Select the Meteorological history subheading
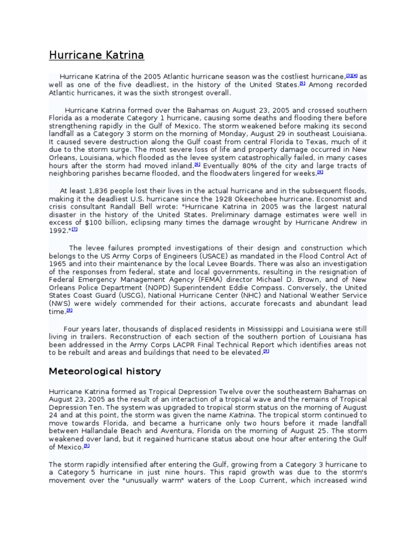(x=105, y=371)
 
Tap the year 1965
(x=58, y=264)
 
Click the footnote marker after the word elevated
(x=266, y=351)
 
